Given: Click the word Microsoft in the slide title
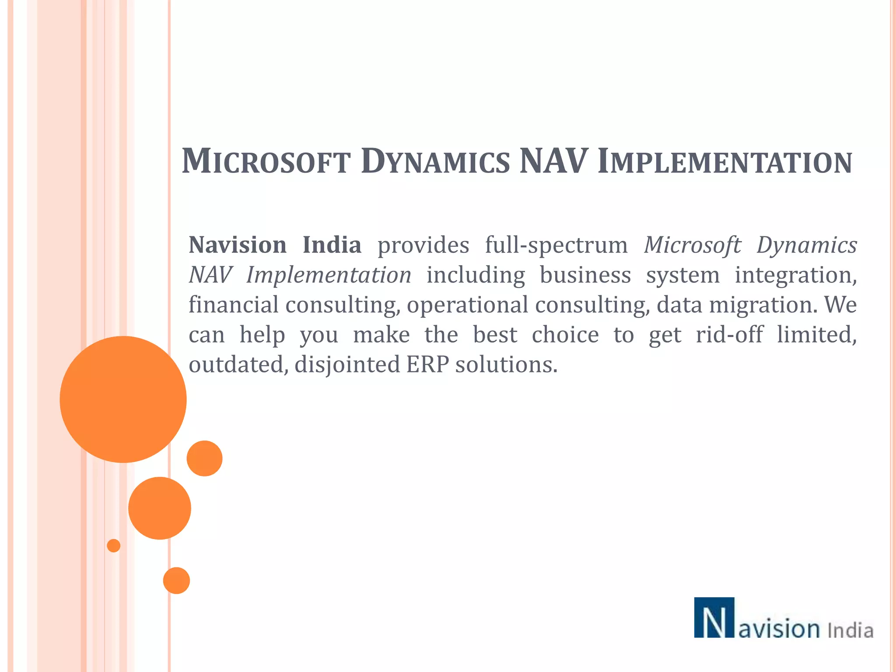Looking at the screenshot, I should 266,161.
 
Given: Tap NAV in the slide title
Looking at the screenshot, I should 553,161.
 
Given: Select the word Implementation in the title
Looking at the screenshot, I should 724,161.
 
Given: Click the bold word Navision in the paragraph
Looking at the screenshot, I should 238,245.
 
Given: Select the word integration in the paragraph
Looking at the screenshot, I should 795,276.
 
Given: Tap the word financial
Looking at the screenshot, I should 233,304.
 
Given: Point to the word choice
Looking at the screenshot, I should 565,335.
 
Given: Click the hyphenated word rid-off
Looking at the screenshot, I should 729,335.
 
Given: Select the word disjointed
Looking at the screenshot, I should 347,365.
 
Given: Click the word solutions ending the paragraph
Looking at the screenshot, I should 506,365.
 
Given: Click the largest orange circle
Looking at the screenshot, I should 123,399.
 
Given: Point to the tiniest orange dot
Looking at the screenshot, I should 114,546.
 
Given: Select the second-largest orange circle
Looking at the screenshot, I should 160,508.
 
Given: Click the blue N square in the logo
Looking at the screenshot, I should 714,617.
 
